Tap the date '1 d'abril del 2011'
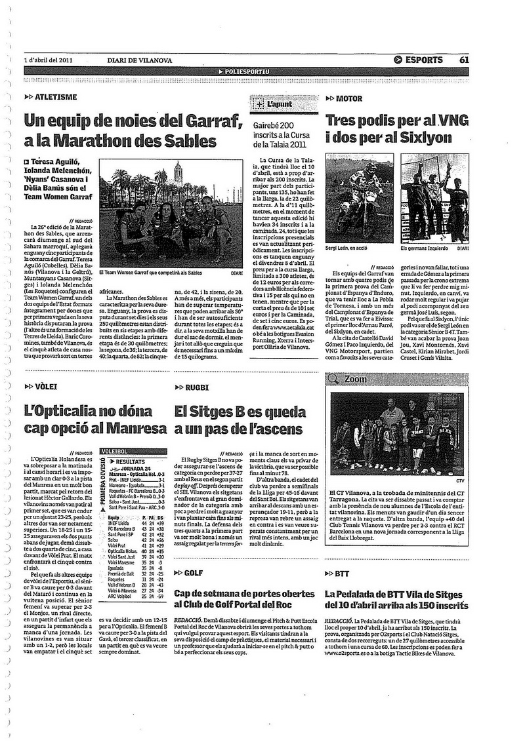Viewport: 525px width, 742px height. [x=47, y=60]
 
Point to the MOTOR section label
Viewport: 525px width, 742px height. [x=348, y=99]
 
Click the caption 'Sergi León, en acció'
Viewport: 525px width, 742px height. [x=352, y=248]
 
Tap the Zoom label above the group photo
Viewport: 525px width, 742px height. [x=355, y=379]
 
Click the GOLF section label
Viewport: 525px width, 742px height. [x=193, y=572]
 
